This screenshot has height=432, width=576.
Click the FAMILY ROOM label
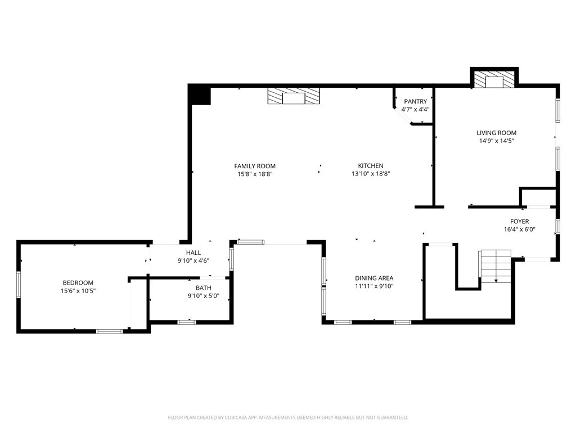(x=255, y=166)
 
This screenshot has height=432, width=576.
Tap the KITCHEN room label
(x=371, y=166)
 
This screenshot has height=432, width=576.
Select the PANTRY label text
(x=415, y=101)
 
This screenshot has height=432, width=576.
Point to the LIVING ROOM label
(x=496, y=133)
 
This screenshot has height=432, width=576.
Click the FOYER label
(x=519, y=222)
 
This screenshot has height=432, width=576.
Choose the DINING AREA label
(x=374, y=278)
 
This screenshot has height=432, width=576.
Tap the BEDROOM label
(x=78, y=283)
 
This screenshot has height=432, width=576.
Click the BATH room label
(x=204, y=288)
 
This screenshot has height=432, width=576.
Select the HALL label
(x=193, y=253)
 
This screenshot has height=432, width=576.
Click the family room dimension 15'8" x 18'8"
(x=255, y=174)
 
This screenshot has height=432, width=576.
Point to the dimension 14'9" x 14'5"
(x=496, y=141)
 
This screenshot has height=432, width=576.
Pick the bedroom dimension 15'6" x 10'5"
(x=78, y=291)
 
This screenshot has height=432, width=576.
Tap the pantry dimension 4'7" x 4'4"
(x=415, y=109)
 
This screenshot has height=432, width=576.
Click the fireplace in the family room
(x=293, y=97)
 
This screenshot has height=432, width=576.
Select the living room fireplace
(x=494, y=79)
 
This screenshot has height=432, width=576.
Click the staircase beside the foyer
(x=495, y=267)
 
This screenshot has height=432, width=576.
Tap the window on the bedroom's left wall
(x=19, y=285)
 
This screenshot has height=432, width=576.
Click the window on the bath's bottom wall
(x=186, y=322)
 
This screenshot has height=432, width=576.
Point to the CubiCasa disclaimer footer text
(x=288, y=417)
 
